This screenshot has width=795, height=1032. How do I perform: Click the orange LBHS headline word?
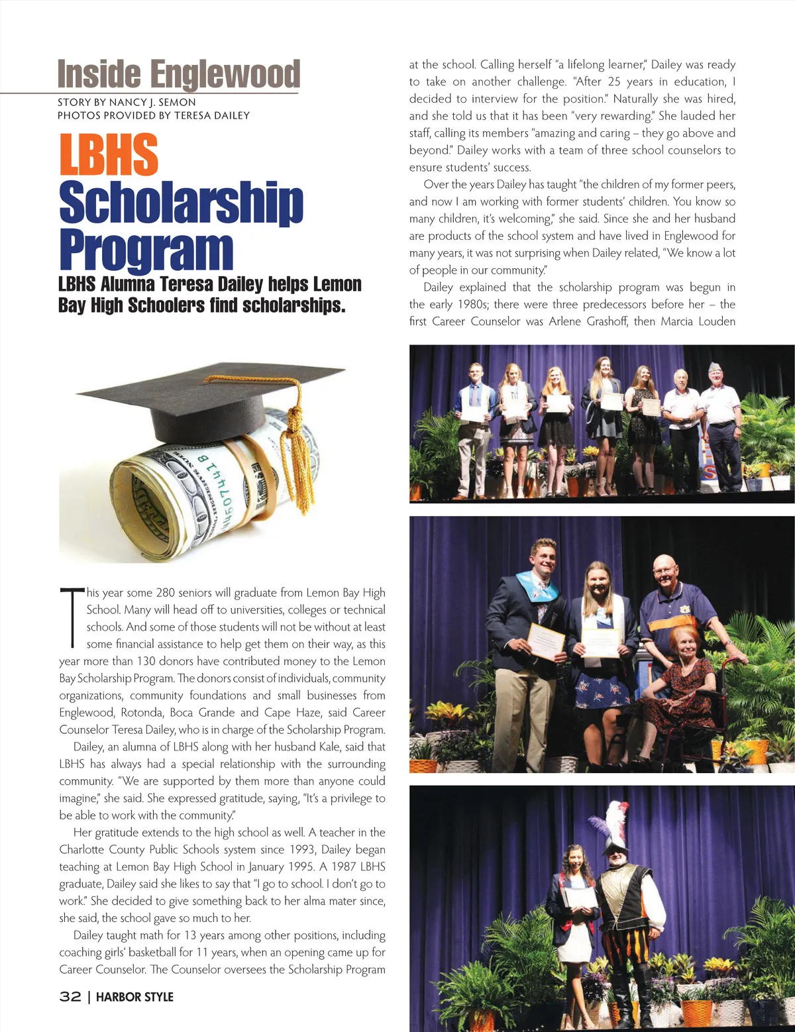coord(109,154)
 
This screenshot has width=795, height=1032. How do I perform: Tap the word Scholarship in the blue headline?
coord(181,202)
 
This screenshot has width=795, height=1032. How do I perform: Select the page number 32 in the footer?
coord(70,997)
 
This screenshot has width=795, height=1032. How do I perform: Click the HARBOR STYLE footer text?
coord(134,997)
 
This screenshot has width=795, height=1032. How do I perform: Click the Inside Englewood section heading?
coord(178,74)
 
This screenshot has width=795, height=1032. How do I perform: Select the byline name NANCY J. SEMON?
coord(152,102)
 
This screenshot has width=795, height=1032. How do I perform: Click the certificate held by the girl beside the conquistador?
coord(580,898)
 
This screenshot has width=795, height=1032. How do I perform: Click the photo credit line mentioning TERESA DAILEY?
coord(154,115)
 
